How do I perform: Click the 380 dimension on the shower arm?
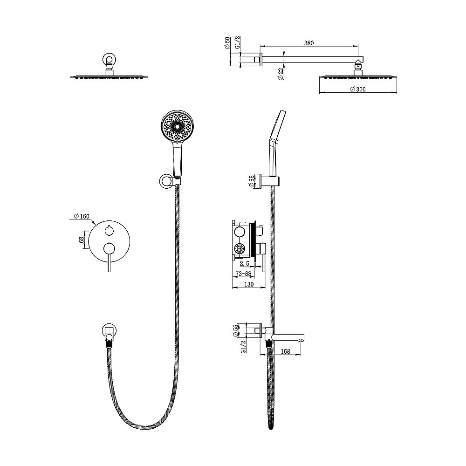point(309,43)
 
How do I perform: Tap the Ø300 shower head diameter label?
point(357,89)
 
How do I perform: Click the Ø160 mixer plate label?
point(82,216)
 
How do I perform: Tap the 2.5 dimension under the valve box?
point(244,264)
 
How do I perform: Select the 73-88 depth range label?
point(243,274)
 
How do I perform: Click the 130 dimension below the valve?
point(249,284)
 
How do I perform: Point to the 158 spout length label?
point(285,351)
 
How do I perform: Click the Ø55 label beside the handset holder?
point(252,181)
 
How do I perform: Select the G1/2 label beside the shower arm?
point(238,43)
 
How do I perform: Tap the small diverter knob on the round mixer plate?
point(109,230)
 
